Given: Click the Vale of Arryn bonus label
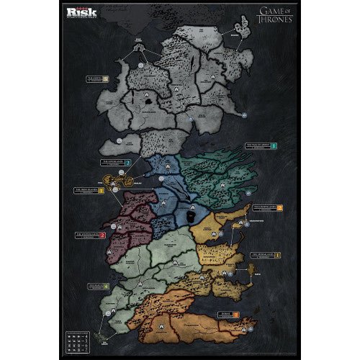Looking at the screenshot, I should click(x=260, y=145).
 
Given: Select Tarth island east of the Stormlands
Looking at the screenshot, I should click(x=252, y=271).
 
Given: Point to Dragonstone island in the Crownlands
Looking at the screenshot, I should click(x=235, y=224).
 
